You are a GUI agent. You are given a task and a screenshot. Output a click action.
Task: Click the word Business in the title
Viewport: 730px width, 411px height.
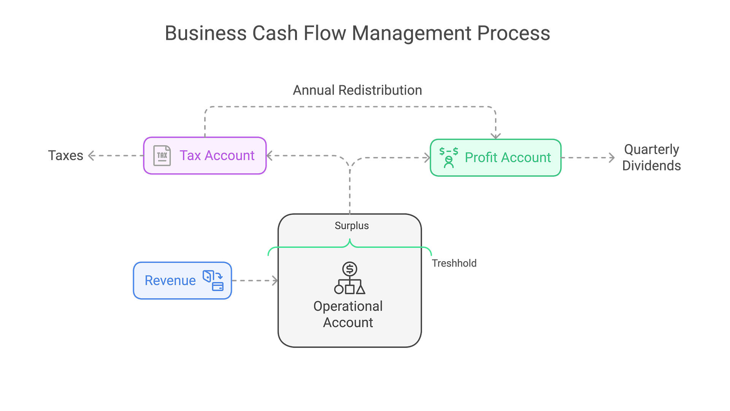(x=206, y=33)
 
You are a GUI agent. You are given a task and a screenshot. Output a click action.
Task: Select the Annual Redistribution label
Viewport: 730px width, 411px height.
(x=357, y=90)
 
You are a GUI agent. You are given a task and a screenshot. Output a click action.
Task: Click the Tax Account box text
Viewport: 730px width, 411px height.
(x=217, y=156)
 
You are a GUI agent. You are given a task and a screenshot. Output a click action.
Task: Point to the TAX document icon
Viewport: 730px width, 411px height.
(x=162, y=156)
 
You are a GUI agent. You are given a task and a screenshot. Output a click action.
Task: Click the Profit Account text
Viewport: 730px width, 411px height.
(x=508, y=157)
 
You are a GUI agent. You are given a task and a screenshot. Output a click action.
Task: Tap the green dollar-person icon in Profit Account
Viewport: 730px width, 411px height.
(x=449, y=157)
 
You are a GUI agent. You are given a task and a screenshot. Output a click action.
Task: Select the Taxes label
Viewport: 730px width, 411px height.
(x=65, y=156)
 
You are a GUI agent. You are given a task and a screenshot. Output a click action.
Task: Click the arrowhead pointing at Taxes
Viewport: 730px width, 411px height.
(x=91, y=156)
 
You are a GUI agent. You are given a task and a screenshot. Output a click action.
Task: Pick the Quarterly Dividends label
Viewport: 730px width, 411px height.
(x=652, y=157)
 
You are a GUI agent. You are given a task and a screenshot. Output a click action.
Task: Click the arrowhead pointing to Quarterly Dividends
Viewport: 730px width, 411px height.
(x=612, y=157)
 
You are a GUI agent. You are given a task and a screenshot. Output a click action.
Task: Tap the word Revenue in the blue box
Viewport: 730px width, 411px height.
(x=170, y=281)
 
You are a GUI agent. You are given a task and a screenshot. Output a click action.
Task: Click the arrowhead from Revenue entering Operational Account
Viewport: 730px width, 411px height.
(x=275, y=281)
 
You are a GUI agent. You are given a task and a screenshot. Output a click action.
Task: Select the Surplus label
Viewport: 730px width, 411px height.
(x=352, y=226)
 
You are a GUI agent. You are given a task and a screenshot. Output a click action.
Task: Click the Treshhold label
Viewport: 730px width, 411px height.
(x=454, y=263)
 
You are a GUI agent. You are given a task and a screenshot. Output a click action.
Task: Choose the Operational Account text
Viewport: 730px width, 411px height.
(x=348, y=314)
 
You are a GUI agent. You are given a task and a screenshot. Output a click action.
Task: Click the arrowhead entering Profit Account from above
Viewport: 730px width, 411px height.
(x=495, y=135)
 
